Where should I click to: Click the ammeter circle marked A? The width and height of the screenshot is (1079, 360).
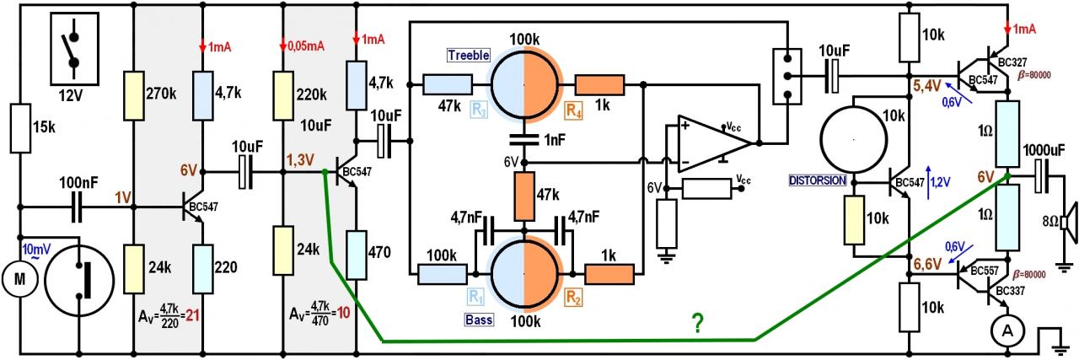[x=1006, y=332]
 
